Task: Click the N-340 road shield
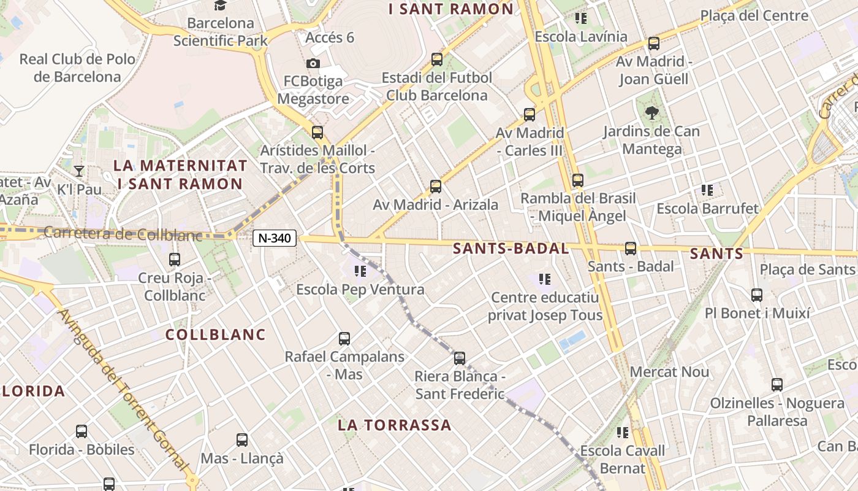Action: tap(275, 238)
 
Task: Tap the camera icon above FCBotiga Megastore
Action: tap(313, 63)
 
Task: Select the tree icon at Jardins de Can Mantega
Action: tap(651, 112)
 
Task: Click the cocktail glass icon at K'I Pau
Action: tap(79, 171)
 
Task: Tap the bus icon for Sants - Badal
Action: tap(631, 249)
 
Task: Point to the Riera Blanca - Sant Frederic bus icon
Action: tap(460, 358)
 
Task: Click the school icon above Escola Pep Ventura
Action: tap(360, 271)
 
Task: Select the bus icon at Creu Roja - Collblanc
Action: tap(175, 260)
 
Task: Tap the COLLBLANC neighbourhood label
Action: tap(216, 334)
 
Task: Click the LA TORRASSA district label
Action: tap(395, 425)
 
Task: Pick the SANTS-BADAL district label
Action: tap(511, 249)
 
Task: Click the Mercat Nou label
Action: tap(669, 372)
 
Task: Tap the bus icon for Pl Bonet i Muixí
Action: tap(757, 295)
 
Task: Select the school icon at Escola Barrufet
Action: tap(707, 190)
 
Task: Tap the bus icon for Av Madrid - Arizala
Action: tap(436, 186)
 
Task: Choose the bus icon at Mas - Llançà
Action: tap(242, 440)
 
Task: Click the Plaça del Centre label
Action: tap(754, 16)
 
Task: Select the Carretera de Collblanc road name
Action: tap(123, 233)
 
